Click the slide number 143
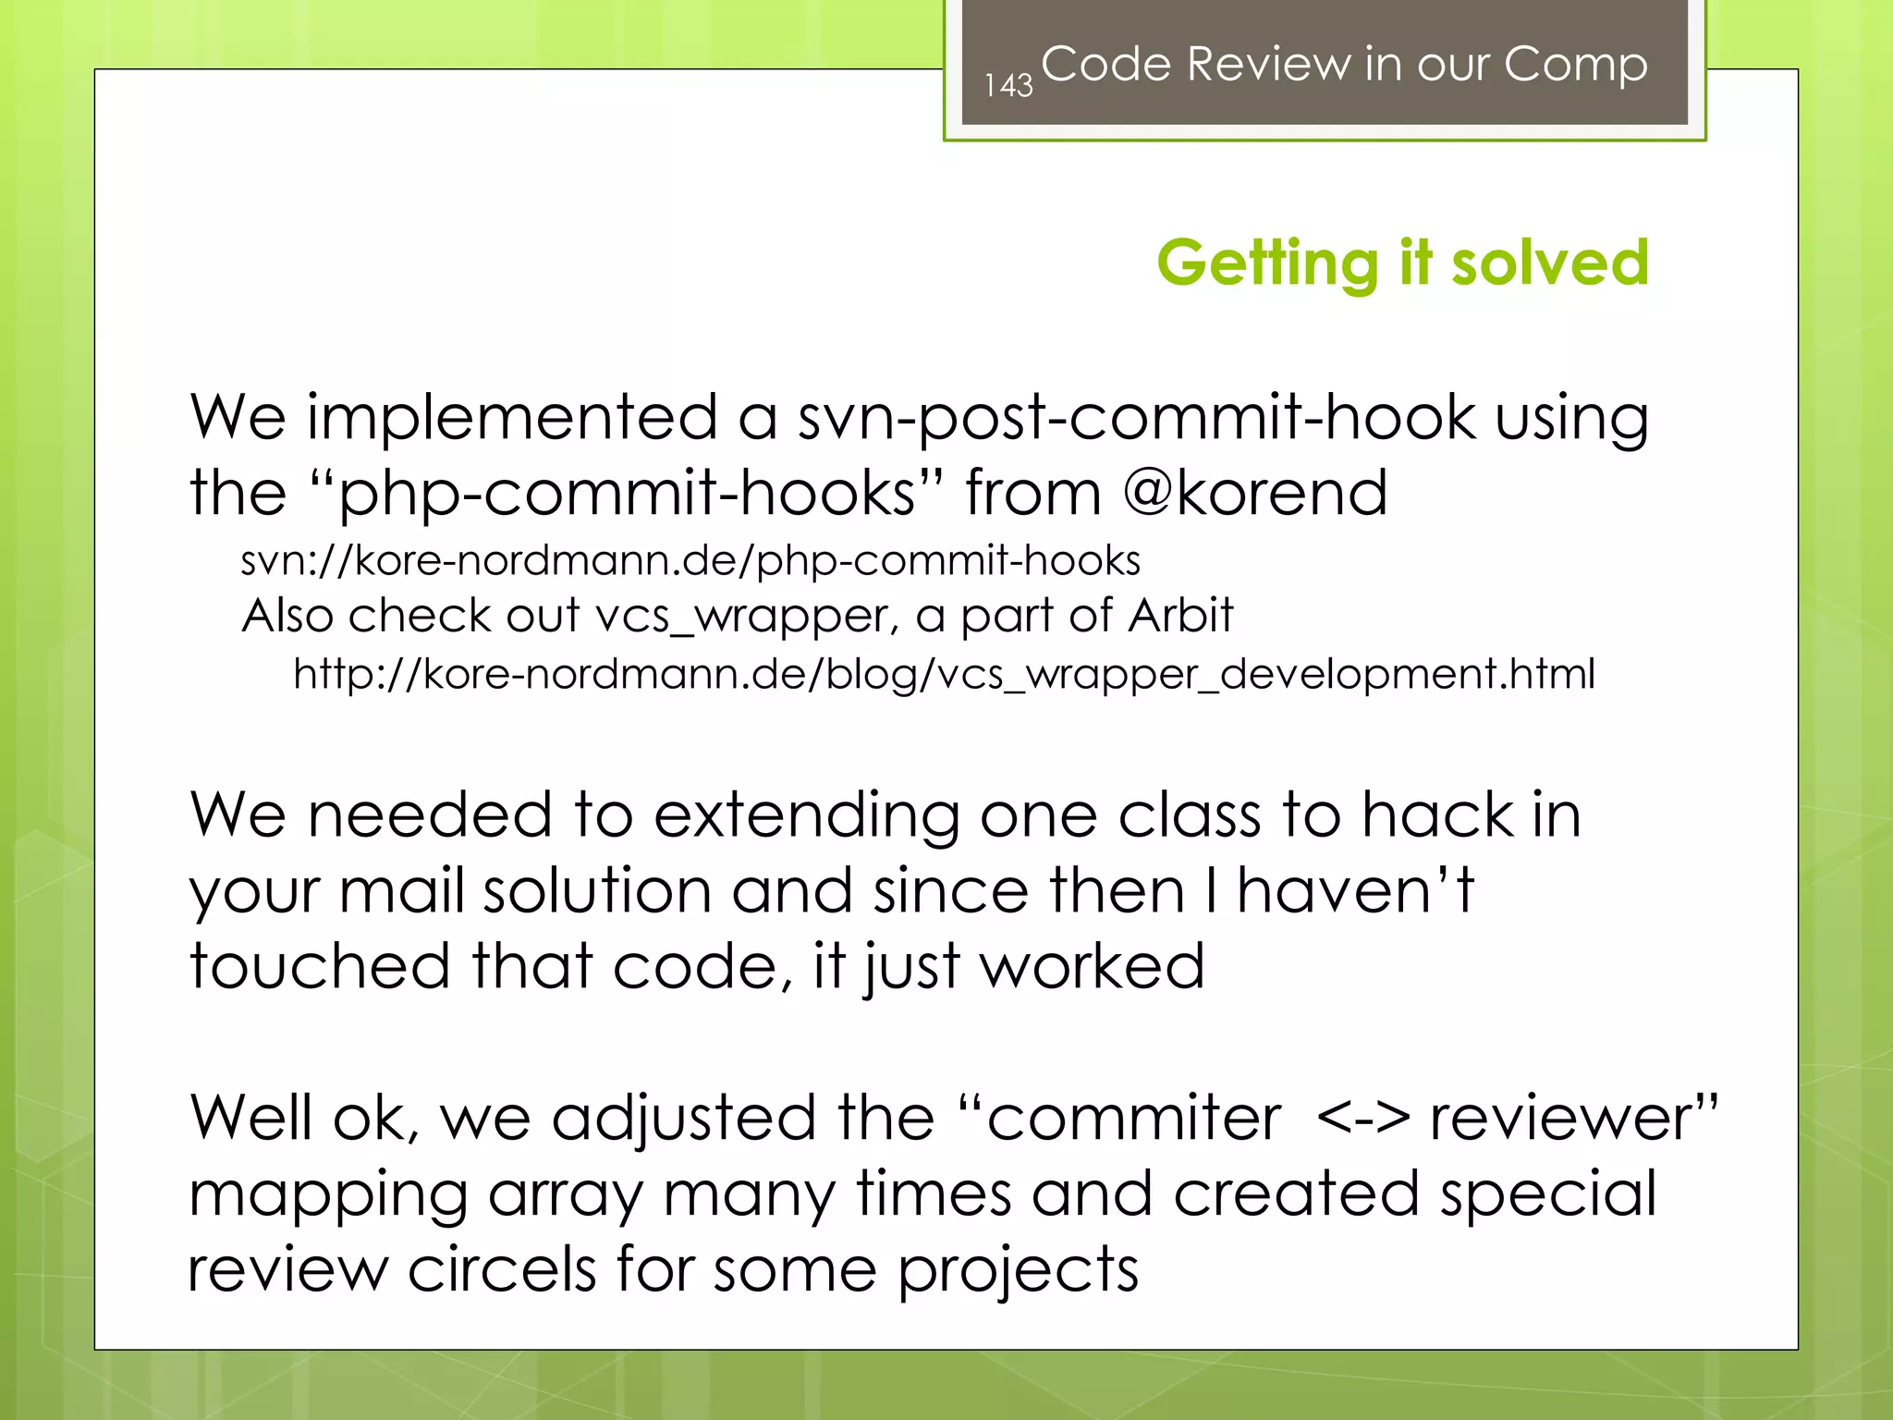pos(1008,86)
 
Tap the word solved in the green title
pos(1549,263)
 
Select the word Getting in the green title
pos(1267,264)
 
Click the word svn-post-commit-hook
pos(1137,418)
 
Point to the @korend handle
pos(1255,493)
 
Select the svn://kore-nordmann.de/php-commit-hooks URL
pos(690,561)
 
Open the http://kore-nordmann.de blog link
pos(944,674)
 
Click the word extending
pos(806,816)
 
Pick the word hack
pos(1436,815)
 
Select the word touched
pos(320,966)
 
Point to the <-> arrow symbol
pos(1362,1118)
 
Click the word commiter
pos(1133,1118)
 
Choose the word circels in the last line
pos(503,1269)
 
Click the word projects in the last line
pos(1018,1271)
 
